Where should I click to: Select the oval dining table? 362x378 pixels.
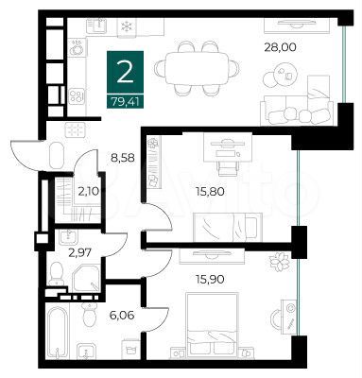198,68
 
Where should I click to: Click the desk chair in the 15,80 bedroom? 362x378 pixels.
228,161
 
